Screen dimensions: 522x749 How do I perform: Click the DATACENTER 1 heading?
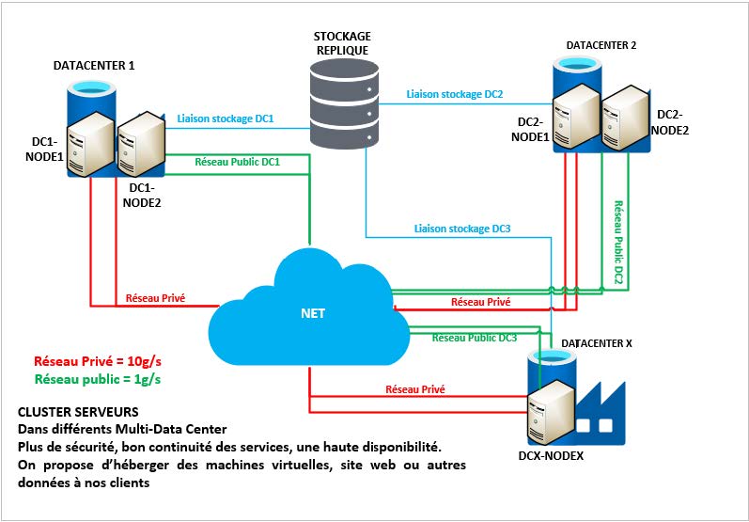point(94,66)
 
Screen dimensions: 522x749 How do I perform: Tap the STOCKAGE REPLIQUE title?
point(341,41)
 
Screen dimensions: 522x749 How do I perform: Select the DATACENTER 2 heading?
point(601,45)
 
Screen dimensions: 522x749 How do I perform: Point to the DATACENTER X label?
point(597,343)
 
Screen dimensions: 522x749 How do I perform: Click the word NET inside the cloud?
point(312,313)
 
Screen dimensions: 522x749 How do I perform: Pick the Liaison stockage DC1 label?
point(226,119)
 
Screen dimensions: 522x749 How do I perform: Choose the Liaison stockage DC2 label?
point(455,94)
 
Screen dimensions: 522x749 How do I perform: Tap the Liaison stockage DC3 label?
point(462,229)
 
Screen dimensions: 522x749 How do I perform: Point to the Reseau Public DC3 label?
point(475,337)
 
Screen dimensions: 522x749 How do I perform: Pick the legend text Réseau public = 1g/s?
point(98,379)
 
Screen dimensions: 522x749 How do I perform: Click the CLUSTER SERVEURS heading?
point(78,413)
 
